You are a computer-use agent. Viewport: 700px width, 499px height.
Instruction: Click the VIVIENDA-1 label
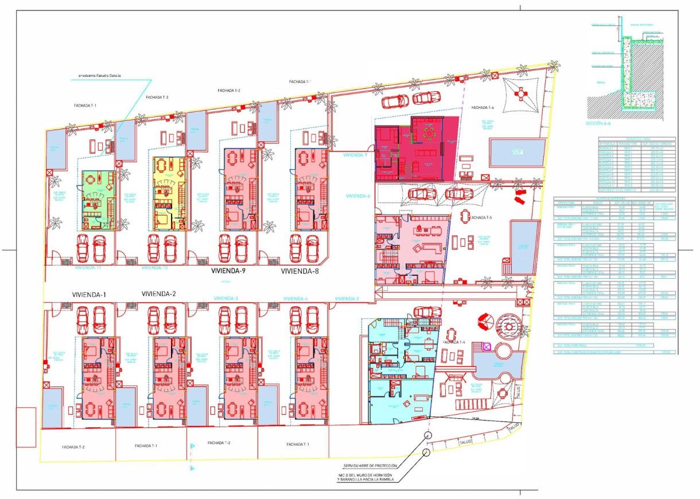[x=90, y=294]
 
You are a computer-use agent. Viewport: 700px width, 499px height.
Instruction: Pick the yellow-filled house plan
[x=170, y=193]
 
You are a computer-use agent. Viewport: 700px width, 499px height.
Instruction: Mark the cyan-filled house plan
[x=400, y=373]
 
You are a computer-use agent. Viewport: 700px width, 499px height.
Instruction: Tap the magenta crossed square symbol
[x=487, y=346]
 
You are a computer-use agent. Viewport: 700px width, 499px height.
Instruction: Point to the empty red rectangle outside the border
[x=26, y=427]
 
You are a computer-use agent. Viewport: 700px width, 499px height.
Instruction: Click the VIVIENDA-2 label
[x=159, y=294]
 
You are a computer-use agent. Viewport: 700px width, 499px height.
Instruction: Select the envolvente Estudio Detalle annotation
[x=103, y=75]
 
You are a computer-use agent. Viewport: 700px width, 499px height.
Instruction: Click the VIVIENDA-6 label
[x=358, y=196]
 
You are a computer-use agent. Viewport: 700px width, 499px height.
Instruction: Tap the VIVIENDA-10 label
[x=154, y=267]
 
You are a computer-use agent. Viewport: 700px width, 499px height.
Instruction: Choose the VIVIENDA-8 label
[x=300, y=271]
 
